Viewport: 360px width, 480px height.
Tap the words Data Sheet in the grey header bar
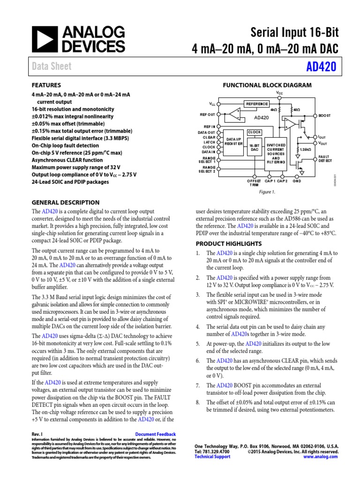(x=52, y=67)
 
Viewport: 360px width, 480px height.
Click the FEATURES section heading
(x=46, y=85)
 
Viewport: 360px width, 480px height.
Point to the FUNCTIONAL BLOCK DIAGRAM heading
(x=267, y=85)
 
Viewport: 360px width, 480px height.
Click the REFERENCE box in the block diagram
(x=256, y=104)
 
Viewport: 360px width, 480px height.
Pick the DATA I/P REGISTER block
(x=233, y=142)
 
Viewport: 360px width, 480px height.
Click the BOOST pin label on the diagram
(x=325, y=115)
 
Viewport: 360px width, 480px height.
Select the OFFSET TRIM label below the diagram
(x=254, y=183)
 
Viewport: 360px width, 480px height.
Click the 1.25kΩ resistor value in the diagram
(x=306, y=149)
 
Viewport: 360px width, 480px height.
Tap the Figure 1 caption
(x=267, y=192)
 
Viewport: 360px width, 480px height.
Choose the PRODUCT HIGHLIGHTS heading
(x=228, y=244)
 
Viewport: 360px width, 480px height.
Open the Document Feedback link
(x=155, y=434)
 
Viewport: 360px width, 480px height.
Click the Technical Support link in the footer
(x=212, y=456)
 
